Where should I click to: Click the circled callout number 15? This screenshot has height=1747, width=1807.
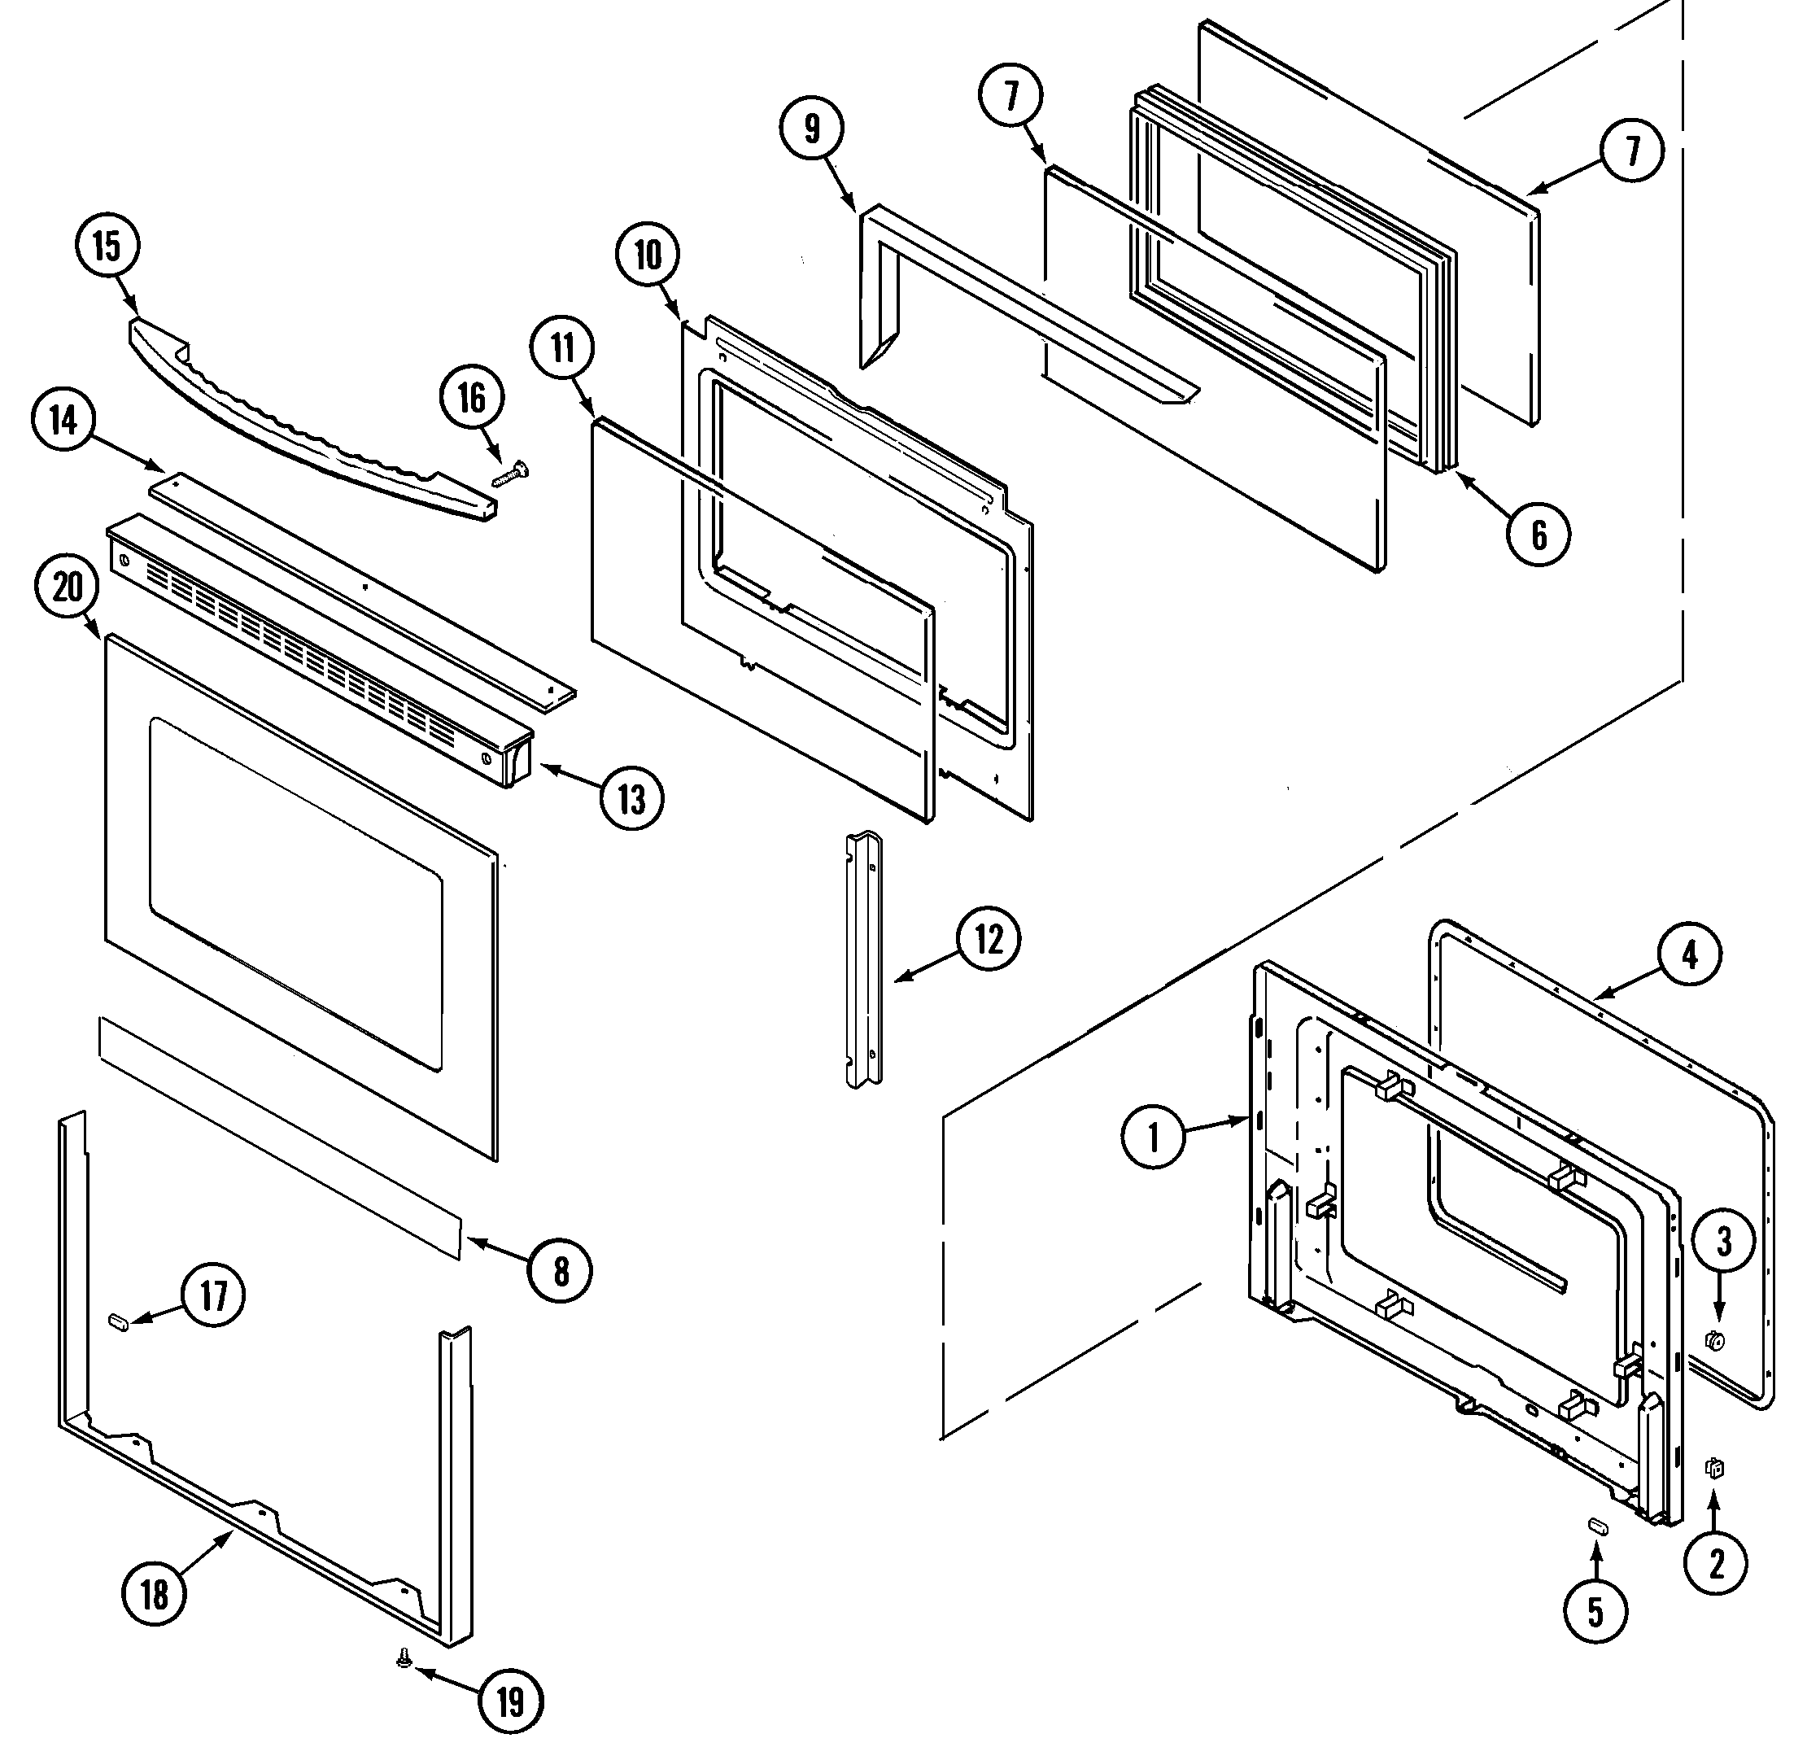[x=106, y=247]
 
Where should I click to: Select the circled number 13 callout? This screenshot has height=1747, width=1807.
[x=631, y=798]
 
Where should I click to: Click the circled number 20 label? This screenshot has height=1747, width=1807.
[x=68, y=587]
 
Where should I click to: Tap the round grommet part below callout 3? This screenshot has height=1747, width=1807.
[x=1716, y=1367]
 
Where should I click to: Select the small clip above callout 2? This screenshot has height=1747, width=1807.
[x=1714, y=1469]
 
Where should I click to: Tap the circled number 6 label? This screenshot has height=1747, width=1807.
[x=1539, y=534]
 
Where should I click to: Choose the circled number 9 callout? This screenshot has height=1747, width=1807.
[x=811, y=129]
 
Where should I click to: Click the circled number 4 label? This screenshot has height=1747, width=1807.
[x=1689, y=955]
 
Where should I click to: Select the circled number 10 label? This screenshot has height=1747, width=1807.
[x=648, y=255]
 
